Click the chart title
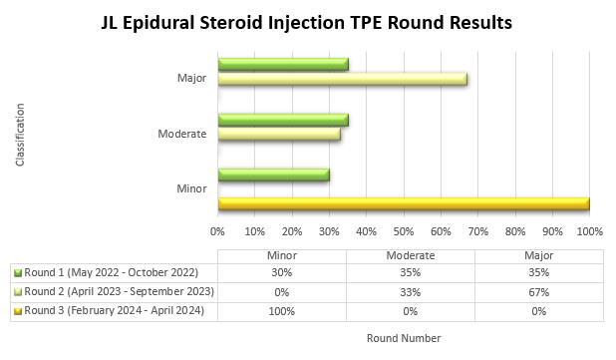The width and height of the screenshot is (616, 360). coord(308,21)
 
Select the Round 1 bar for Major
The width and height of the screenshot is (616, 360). coord(283,64)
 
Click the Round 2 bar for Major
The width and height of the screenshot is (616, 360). coord(342,79)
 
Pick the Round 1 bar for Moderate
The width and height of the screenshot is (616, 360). coord(283,120)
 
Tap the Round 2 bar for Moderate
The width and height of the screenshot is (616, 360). coord(279,134)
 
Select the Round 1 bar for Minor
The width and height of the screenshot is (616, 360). coord(273,176)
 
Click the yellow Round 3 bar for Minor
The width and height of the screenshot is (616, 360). coord(404,203)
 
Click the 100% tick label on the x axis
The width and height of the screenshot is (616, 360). coord(589,230)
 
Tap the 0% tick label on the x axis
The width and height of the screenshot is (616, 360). coord(218,230)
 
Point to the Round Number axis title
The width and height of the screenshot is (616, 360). coord(403,338)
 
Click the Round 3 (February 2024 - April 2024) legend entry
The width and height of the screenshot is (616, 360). coord(112,310)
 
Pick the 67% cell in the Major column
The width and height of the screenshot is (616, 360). coord(539,291)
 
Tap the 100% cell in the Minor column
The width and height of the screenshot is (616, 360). coord(282,310)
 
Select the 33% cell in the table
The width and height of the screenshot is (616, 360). coord(411,291)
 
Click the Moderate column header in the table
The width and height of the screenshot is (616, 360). coord(411,254)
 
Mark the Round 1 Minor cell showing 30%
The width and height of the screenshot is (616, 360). coord(282,272)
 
